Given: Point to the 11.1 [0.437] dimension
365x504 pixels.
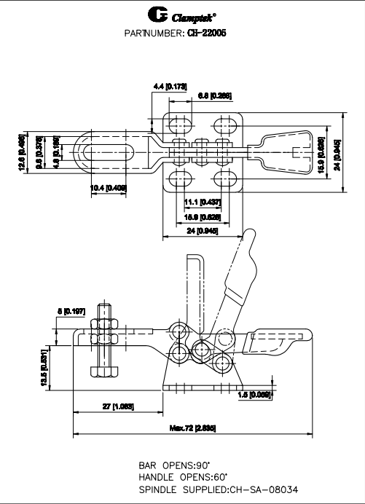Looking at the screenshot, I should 197,201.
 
